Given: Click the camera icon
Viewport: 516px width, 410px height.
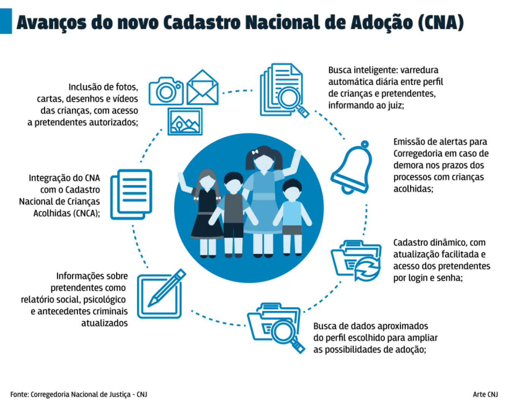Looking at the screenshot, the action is point(166,91).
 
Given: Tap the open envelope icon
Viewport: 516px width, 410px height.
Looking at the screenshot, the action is point(202,87).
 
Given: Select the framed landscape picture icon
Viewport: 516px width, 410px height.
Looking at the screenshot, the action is point(185,121).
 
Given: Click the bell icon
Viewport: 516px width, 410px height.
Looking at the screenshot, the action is point(352,167).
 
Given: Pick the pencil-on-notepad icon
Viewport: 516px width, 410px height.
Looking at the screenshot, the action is point(161,294).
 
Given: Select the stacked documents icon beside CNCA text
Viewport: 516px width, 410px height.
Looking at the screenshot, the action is point(131,194).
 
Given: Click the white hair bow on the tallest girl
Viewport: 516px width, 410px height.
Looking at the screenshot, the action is point(255,152).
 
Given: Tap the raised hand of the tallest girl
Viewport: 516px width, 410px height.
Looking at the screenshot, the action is point(298,154).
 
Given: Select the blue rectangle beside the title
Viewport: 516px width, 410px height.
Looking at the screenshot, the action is point(6,21).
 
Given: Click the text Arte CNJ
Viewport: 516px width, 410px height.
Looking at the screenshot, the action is point(485,394).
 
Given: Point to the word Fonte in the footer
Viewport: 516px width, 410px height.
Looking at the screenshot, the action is point(19,394).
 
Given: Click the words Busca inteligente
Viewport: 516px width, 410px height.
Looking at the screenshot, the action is point(363,70).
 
